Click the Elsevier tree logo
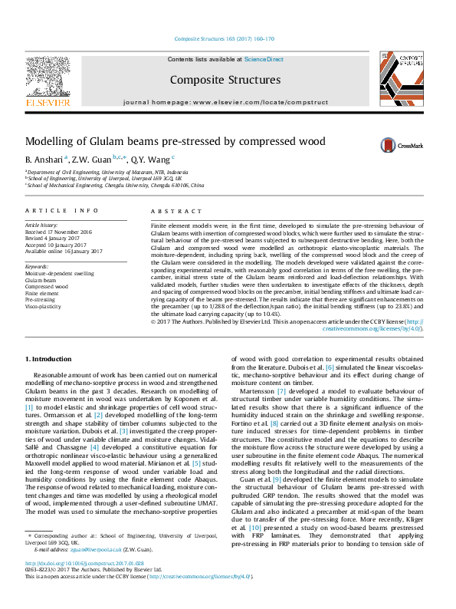click(48, 77)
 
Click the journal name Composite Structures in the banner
click(225, 80)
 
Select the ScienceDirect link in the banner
click(264, 59)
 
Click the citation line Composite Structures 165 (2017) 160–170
click(225, 38)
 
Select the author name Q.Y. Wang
click(148, 159)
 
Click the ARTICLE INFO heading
click(62, 209)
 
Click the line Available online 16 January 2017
click(64, 251)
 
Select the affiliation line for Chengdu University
click(116, 185)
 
